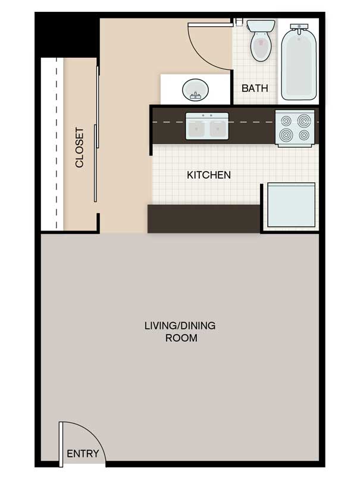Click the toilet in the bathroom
tap(261, 40)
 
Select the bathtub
tap(299, 63)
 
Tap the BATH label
tap(255, 88)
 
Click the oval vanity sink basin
tap(196, 90)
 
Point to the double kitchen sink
tap(207, 126)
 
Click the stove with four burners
tap(295, 129)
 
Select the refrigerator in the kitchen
tap(291, 205)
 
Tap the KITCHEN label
tap(209, 175)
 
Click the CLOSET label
tap(79, 148)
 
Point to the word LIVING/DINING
tap(180, 326)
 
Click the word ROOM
tap(181, 338)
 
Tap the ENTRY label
tap(83, 454)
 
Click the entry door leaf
tap(61, 444)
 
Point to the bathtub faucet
tap(299, 29)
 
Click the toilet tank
tap(261, 26)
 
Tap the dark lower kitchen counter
tap(204, 219)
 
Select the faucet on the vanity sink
tap(195, 96)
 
